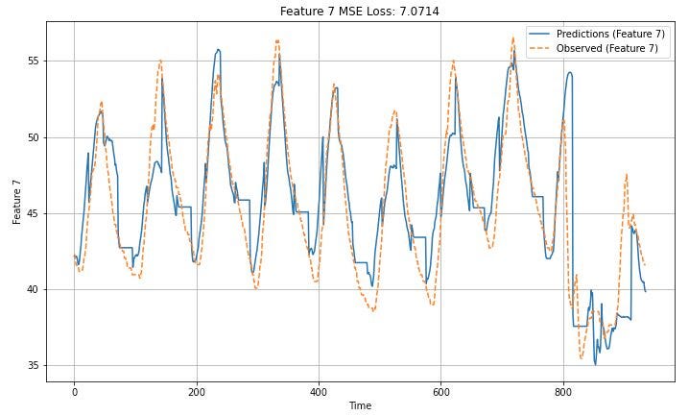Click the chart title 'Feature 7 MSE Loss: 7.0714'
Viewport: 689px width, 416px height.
click(x=360, y=11)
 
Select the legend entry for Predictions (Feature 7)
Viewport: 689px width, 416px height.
click(x=597, y=34)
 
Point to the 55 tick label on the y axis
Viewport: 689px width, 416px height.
click(x=34, y=61)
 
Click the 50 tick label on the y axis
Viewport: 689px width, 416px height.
click(x=34, y=137)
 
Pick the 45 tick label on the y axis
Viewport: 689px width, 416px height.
click(x=34, y=213)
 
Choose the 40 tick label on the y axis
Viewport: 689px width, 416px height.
click(x=34, y=290)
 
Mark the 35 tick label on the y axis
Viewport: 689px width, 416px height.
click(x=34, y=366)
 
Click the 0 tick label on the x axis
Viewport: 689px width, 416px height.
click(x=74, y=392)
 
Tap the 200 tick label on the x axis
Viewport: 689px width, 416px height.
click(x=197, y=392)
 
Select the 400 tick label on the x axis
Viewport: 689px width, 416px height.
click(x=319, y=392)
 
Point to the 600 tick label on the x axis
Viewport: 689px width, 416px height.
click(x=440, y=392)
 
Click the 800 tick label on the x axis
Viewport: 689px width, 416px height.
click(x=563, y=392)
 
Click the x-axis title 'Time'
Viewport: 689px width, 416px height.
click(x=360, y=405)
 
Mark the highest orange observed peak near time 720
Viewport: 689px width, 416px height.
click(x=512, y=37)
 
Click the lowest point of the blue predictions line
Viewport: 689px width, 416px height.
click(x=595, y=364)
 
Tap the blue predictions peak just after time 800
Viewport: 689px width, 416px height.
click(x=570, y=73)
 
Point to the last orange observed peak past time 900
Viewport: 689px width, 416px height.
click(x=627, y=175)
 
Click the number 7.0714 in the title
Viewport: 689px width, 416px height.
click(x=419, y=11)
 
